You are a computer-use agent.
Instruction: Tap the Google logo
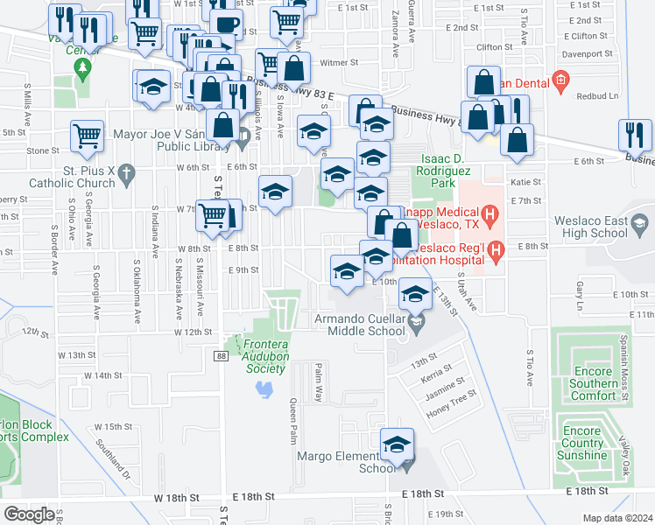[x=29, y=514]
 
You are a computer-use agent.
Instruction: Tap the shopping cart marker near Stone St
[x=87, y=135]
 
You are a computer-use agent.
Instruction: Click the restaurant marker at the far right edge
[x=634, y=135]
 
